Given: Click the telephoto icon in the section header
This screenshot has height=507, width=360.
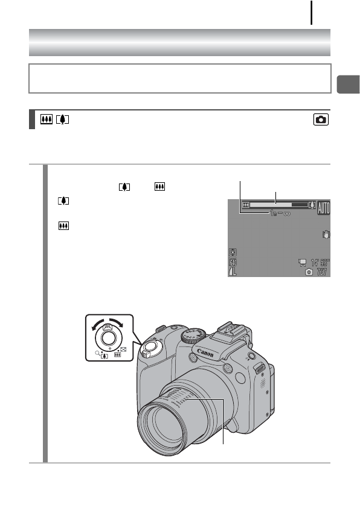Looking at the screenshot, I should point(62,120).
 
